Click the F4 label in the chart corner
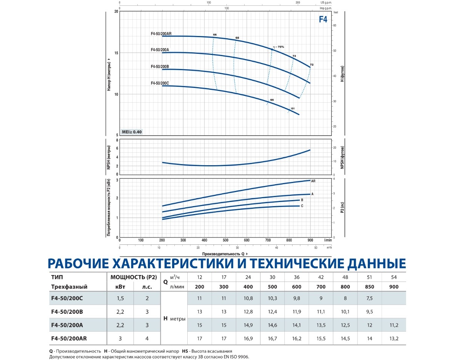[x=323, y=20]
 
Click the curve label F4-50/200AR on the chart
[x=161, y=33]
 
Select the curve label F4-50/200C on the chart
[x=160, y=83]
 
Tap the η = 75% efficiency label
[x=278, y=47]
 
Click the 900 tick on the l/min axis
[x=310, y=240]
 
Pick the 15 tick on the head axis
[x=116, y=53]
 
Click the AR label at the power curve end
[x=313, y=181]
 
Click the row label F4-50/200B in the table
[x=67, y=311]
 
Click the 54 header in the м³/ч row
[x=394, y=277]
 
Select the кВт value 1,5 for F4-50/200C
[x=120, y=299]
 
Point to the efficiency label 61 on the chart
[x=293, y=109]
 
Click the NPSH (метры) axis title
[x=109, y=157]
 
